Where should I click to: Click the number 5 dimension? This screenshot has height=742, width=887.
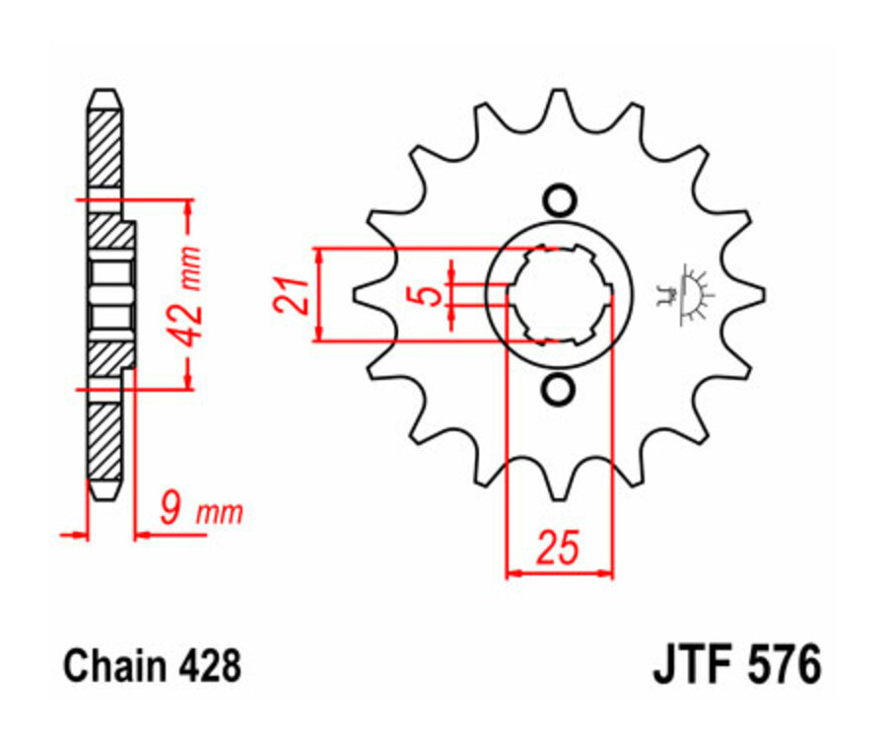pos(427,294)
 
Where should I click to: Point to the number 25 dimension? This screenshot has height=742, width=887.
pos(558,548)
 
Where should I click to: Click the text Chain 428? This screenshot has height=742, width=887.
pos(152,666)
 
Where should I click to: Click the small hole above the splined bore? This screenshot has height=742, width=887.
pos(559,200)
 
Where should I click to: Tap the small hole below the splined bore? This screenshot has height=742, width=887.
pos(559,390)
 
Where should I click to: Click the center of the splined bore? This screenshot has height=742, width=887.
pos(559,294)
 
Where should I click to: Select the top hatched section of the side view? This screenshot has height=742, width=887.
pos(105,148)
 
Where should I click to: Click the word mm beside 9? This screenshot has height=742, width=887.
pos(221,513)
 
